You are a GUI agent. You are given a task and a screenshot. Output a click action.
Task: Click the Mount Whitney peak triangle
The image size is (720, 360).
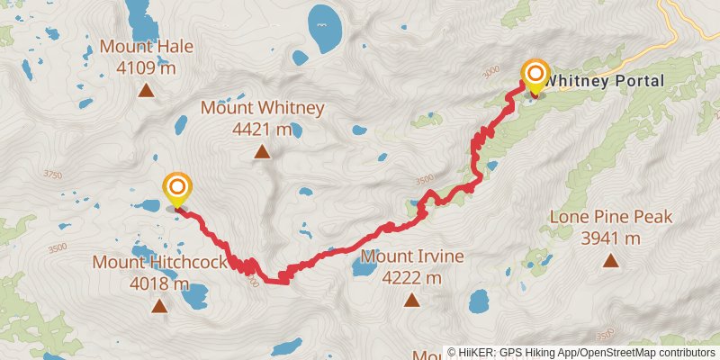coord(262,152)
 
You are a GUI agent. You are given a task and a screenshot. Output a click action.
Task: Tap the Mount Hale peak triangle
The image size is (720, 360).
coord(145,89)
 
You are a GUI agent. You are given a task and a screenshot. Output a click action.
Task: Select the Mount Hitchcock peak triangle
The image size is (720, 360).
coord(159,306)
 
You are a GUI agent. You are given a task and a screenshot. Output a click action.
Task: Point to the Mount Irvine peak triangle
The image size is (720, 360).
coord(411,301)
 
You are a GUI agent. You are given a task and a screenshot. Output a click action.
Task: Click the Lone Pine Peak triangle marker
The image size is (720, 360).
coord(611,261)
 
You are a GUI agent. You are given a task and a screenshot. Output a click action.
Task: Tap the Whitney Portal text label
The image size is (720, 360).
coord(605,81)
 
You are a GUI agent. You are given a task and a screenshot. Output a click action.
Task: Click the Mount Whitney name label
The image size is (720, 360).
coord(262,108)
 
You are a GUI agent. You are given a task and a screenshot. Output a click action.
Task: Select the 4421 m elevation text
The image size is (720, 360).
coord(262,130)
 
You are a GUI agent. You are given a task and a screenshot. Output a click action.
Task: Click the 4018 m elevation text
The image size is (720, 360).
coord(158,284)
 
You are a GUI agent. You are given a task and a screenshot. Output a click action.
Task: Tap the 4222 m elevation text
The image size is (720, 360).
coord(411,278)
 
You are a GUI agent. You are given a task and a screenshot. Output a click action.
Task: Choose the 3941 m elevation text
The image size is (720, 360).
coord(610,238)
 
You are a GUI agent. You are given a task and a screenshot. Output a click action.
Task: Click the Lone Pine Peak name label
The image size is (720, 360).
coord(610,217)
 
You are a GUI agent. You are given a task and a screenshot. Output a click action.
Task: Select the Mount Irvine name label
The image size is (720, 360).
coord(411,256)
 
